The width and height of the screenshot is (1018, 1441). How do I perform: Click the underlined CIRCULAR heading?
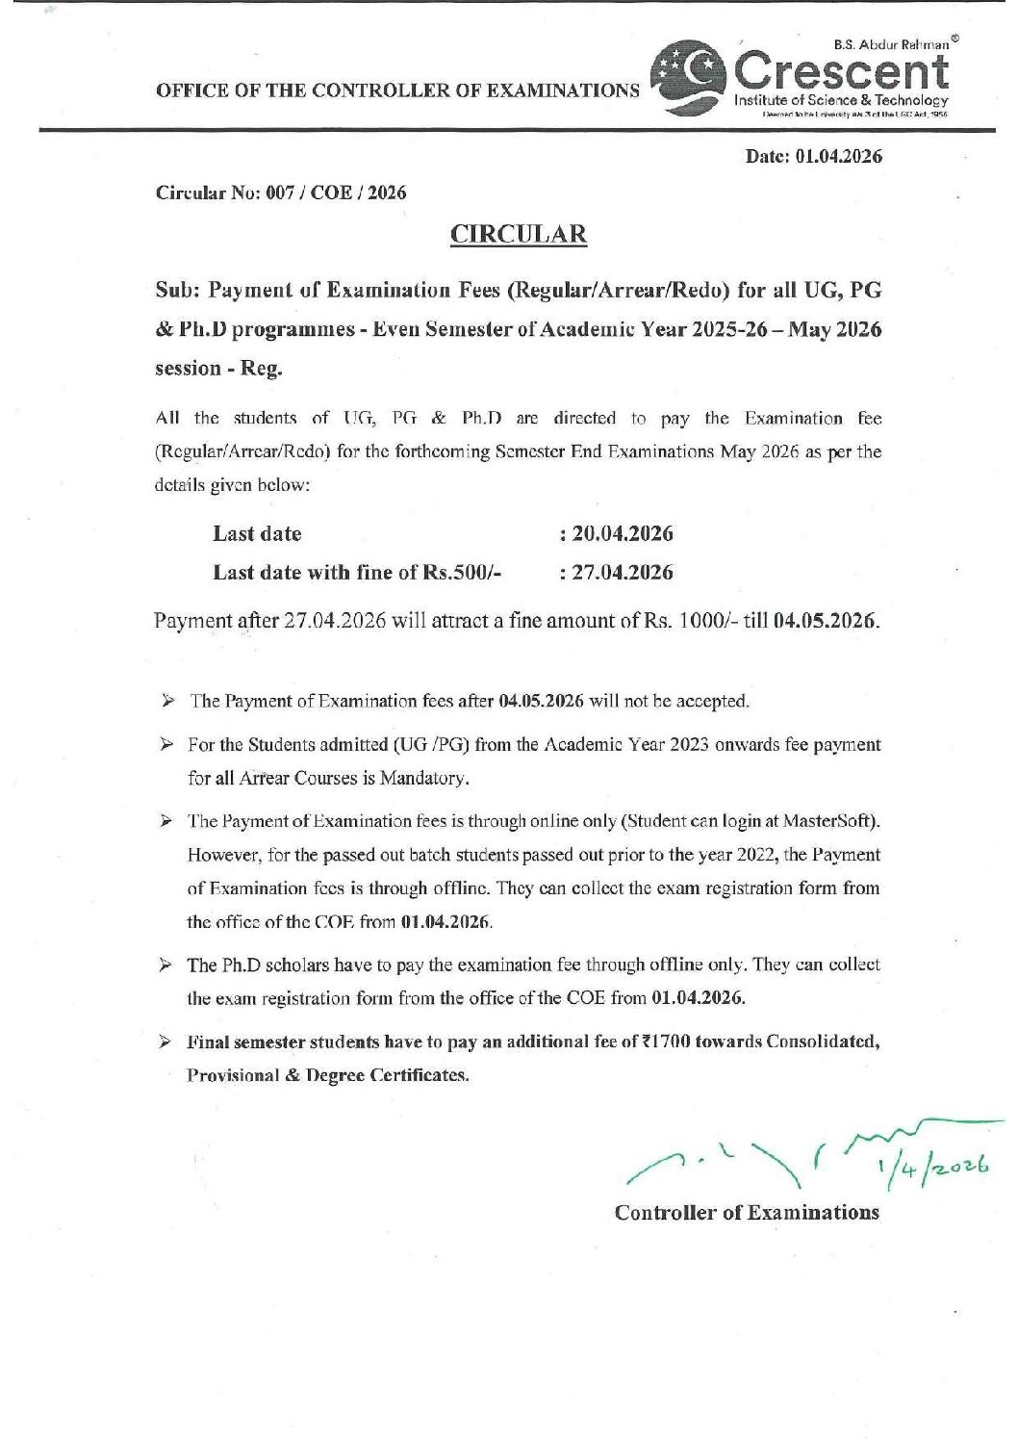(x=519, y=234)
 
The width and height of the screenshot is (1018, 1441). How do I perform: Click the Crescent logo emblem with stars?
(x=687, y=77)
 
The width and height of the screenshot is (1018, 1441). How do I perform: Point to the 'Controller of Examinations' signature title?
(x=747, y=1212)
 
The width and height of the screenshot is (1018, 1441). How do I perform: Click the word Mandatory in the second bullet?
(x=422, y=778)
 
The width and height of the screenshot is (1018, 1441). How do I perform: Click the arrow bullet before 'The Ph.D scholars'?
(x=166, y=965)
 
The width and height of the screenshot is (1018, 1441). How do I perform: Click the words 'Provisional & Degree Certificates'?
(x=328, y=1075)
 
